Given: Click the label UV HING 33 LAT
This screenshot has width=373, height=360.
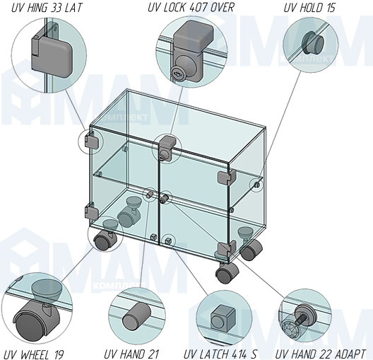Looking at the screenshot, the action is click(x=47, y=8).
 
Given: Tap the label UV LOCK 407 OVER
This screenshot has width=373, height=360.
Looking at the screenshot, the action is click(x=191, y=7).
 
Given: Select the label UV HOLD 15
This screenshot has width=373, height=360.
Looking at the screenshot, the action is click(x=309, y=8).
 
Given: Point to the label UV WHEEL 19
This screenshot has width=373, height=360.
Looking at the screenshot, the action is click(x=34, y=354).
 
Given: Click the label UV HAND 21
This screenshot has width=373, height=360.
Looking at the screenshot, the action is click(x=131, y=354).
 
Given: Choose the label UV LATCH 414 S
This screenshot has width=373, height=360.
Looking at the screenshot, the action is click(x=220, y=354).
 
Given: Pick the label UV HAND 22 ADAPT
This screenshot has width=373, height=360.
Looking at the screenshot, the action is click(x=320, y=354).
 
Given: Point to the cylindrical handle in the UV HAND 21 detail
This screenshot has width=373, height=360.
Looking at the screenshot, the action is click(x=136, y=315).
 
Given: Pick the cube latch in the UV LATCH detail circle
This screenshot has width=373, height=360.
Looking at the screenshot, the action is click(x=223, y=318).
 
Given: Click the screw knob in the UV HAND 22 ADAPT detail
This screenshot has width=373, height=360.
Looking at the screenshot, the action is click(x=305, y=315).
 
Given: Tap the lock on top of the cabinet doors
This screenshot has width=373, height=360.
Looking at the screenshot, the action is click(x=167, y=149).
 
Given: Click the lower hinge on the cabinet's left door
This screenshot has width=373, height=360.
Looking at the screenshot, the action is click(x=92, y=211).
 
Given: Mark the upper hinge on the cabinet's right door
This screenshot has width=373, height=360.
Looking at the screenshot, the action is click(x=226, y=178).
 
